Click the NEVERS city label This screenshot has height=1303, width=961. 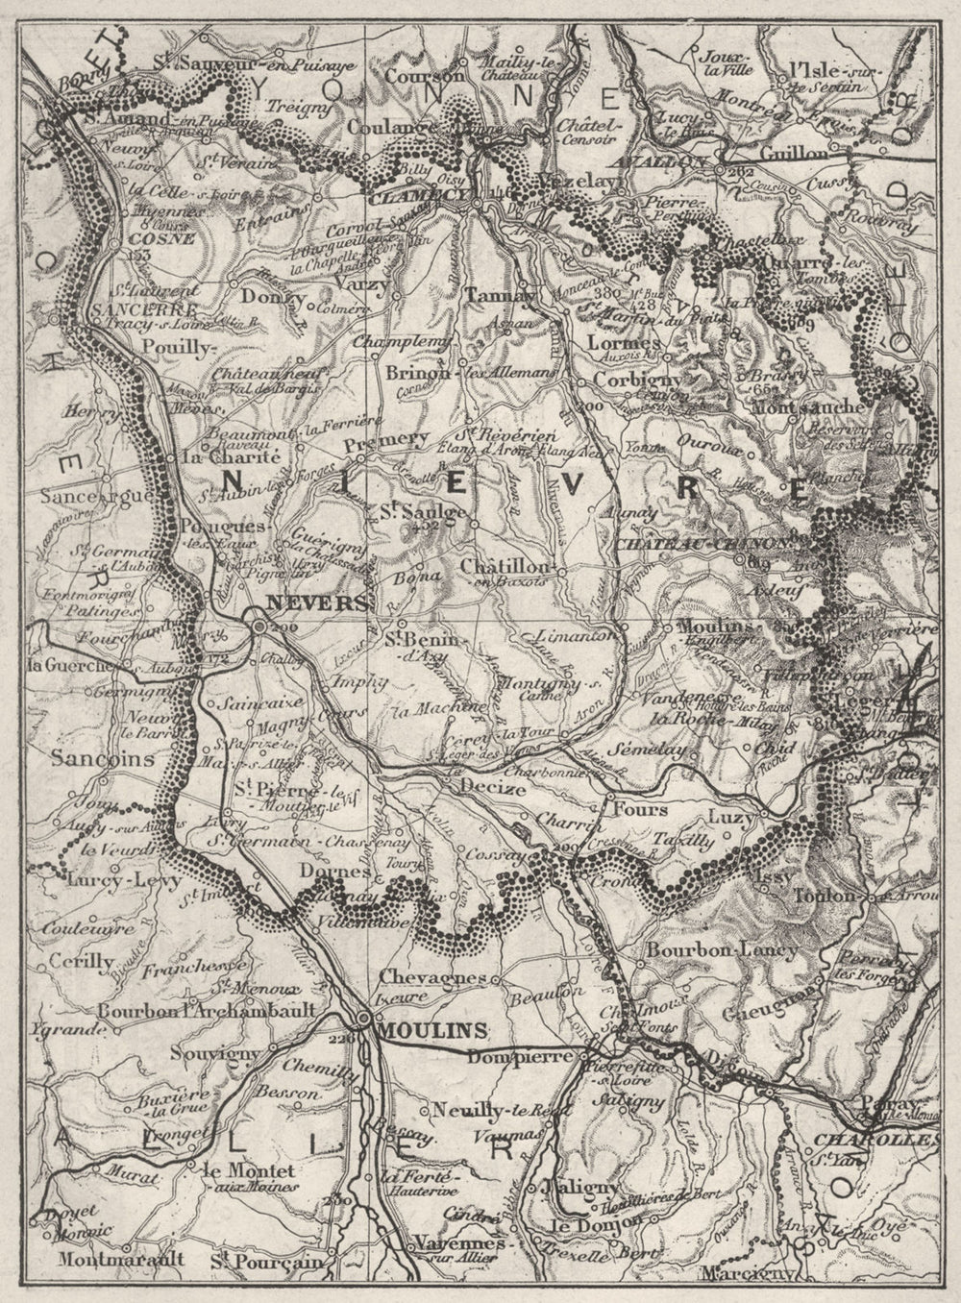[306, 604]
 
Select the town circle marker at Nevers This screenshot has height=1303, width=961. [260, 626]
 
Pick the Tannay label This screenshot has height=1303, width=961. [500, 296]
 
